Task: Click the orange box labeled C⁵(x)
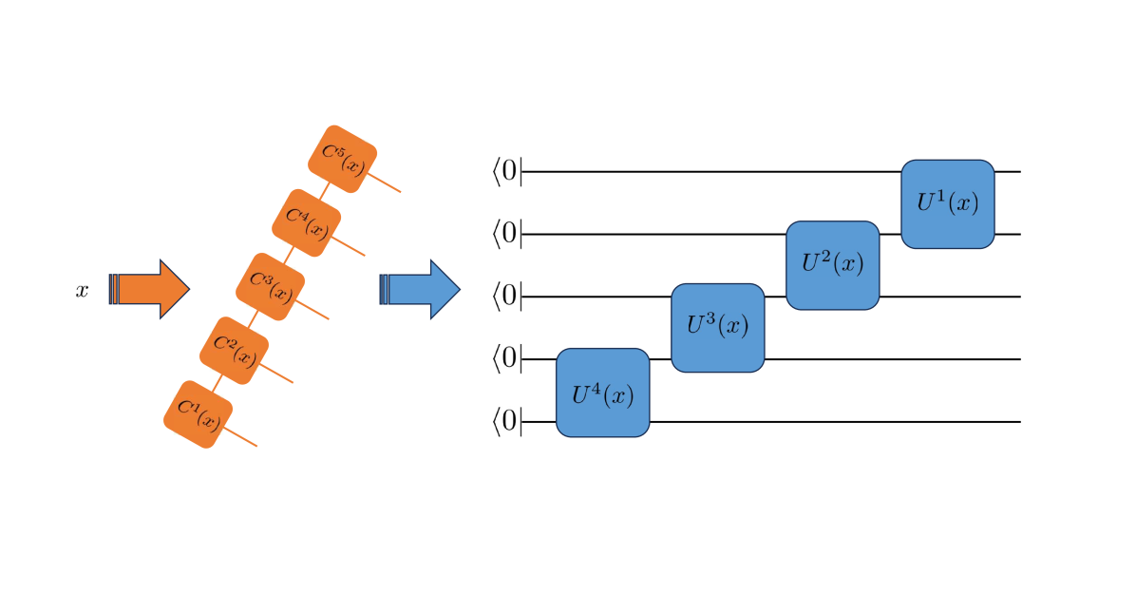(x=342, y=159)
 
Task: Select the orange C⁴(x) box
(x=306, y=222)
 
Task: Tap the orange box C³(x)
(x=271, y=286)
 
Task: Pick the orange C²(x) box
(x=234, y=351)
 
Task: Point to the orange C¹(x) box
(x=198, y=414)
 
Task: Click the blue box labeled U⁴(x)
(x=602, y=393)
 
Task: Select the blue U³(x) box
(x=717, y=327)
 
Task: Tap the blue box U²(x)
(x=832, y=265)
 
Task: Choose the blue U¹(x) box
(x=947, y=204)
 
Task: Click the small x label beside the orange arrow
(x=83, y=291)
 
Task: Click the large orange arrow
(x=152, y=288)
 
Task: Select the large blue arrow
(x=423, y=289)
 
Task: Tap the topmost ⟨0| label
(x=506, y=171)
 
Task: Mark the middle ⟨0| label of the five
(x=506, y=296)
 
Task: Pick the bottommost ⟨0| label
(x=506, y=421)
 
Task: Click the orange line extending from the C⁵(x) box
(x=385, y=182)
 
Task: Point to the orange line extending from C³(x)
(x=313, y=310)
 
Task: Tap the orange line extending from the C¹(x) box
(x=241, y=437)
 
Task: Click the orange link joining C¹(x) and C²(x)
(x=217, y=382)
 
